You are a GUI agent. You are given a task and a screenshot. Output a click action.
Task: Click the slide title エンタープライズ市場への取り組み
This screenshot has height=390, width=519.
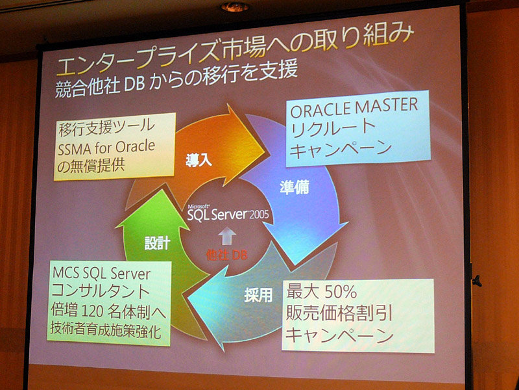[235, 51]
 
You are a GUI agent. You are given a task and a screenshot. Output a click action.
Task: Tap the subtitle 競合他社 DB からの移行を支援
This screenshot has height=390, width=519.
[176, 79]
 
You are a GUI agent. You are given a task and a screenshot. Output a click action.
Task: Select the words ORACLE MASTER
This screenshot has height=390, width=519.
[354, 108]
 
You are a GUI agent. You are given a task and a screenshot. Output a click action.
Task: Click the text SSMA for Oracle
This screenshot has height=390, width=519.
[106, 148]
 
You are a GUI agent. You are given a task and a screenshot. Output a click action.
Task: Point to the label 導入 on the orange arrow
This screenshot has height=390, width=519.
[199, 161]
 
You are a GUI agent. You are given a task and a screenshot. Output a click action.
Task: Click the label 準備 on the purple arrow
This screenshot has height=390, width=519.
[295, 187]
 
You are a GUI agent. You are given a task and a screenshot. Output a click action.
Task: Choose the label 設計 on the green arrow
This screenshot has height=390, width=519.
[157, 243]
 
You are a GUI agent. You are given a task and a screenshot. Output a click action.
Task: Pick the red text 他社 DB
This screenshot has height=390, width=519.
[226, 255]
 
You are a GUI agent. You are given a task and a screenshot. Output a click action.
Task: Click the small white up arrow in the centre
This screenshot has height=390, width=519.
[226, 236]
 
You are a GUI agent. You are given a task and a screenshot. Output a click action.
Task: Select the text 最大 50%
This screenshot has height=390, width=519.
[321, 293]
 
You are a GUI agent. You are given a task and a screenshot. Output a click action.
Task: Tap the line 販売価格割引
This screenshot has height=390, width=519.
[339, 315]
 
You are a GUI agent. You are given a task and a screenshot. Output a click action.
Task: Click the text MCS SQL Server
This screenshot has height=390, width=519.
[102, 274]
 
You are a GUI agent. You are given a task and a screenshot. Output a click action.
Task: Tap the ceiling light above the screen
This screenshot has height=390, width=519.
[235, 6]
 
